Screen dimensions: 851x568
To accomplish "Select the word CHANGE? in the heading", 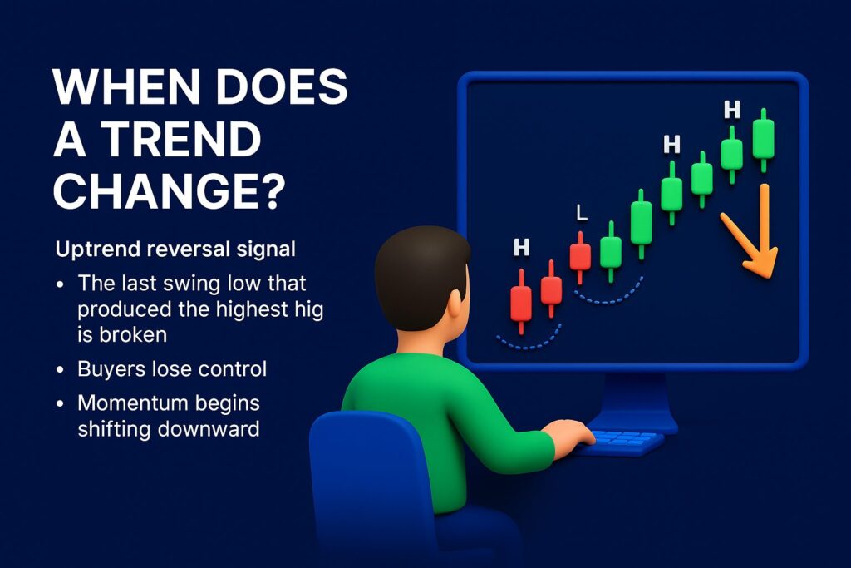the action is (169, 190).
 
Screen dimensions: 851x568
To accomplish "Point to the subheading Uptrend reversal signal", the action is (175, 249).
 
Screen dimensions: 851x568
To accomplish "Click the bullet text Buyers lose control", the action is (172, 368).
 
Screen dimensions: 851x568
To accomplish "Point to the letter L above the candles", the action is (581, 213).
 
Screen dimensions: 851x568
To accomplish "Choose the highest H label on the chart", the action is (732, 110).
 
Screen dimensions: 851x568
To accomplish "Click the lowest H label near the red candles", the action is (522, 248).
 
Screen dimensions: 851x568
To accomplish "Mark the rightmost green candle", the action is (764, 140).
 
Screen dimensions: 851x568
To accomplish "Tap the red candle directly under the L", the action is (580, 258).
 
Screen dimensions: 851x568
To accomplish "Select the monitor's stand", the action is (632, 403).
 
